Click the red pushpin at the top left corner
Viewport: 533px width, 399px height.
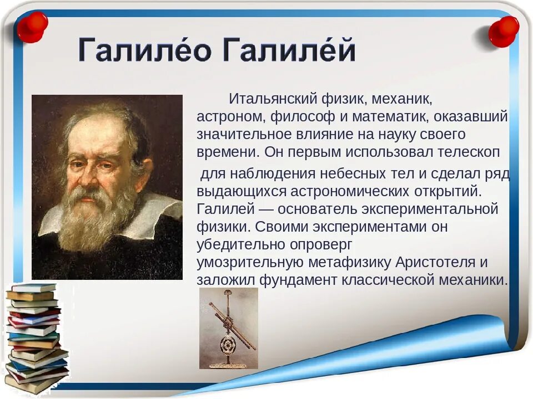point(32,27)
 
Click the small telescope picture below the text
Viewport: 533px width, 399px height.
point(228,329)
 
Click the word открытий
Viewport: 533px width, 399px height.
point(448,192)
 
